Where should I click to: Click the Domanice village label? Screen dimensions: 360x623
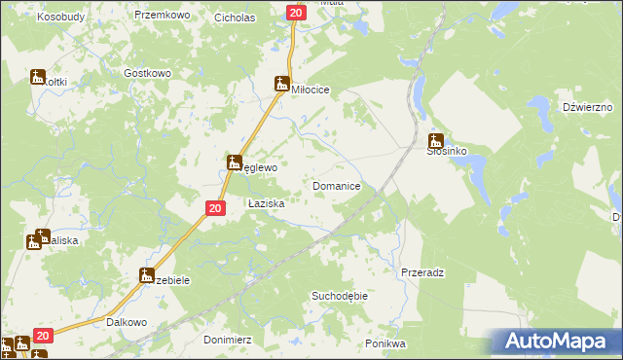point(337,185)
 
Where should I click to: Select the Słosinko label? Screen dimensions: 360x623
point(448,153)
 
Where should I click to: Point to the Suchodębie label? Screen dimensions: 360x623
point(338,295)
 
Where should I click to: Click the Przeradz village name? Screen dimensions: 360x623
point(422,273)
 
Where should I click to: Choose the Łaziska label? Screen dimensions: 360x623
point(266,204)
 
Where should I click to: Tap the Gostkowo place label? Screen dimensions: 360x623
point(148,74)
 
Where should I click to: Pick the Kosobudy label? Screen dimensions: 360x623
point(61,18)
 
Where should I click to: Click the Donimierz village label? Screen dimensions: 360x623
point(229,340)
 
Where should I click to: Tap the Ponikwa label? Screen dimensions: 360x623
point(385,343)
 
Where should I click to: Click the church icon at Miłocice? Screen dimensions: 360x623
point(282,84)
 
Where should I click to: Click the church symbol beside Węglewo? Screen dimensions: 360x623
point(235,162)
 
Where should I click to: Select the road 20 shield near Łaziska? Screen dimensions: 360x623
point(216,208)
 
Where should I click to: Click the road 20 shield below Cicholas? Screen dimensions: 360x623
point(296,12)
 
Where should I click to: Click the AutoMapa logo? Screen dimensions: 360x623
point(558,341)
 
